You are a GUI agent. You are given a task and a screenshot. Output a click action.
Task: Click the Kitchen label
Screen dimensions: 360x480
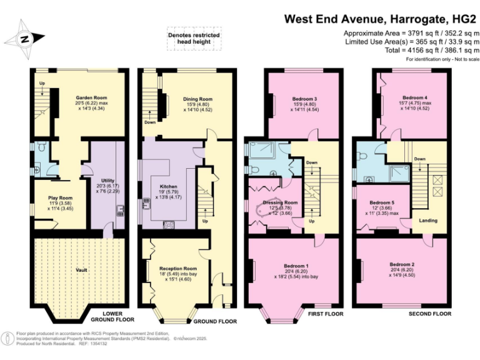[x=167, y=186]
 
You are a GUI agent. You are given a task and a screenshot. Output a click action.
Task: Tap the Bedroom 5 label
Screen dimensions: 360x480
[x=381, y=202]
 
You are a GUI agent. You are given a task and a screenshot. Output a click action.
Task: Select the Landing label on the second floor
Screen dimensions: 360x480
[x=428, y=220]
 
